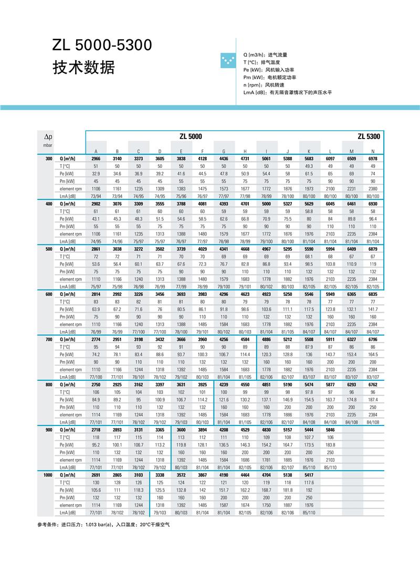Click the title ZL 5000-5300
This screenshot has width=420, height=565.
(102, 46)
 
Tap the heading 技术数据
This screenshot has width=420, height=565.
(83, 68)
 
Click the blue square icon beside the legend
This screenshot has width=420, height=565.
(229, 61)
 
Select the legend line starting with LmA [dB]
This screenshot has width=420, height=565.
(287, 92)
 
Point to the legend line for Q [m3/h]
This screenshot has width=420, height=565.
(265, 55)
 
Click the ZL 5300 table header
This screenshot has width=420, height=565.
(369, 136)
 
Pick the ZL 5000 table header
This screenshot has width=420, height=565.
(191, 136)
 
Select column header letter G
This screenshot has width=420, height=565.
(224, 151)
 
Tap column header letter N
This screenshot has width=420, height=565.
(373, 151)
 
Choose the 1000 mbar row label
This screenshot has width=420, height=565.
(47, 474)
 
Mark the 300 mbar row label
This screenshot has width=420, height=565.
(48, 158)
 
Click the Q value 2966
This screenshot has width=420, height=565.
(96, 158)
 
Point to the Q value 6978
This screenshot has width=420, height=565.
(373, 158)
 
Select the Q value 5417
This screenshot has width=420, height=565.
(309, 474)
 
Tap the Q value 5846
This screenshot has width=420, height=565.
(330, 429)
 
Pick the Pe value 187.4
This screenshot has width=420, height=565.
(373, 400)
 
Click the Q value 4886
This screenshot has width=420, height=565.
(266, 339)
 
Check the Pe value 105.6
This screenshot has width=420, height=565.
(96, 490)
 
